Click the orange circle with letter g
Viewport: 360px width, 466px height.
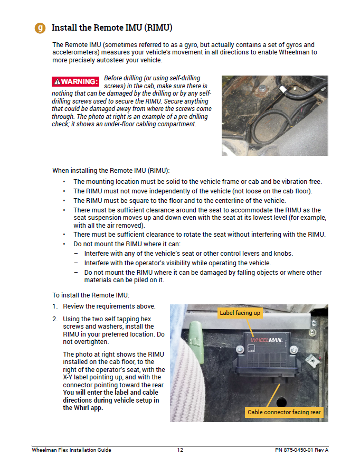point(40,28)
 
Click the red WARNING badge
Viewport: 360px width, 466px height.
point(75,81)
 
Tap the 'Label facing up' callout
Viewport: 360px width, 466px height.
point(240,313)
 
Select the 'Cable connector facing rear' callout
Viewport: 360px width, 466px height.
point(285,412)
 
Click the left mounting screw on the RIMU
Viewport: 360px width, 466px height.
point(240,349)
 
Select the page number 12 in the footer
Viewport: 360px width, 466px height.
point(180,450)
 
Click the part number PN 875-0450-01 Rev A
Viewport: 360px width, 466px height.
point(301,450)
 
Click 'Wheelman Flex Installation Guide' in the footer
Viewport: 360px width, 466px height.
point(71,450)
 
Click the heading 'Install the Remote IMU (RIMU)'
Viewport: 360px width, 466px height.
point(112,27)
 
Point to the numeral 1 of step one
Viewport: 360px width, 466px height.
point(54,306)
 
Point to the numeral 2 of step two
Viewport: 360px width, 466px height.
point(54,319)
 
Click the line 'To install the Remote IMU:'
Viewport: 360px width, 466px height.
point(90,295)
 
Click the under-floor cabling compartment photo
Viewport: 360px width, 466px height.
point(274,115)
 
